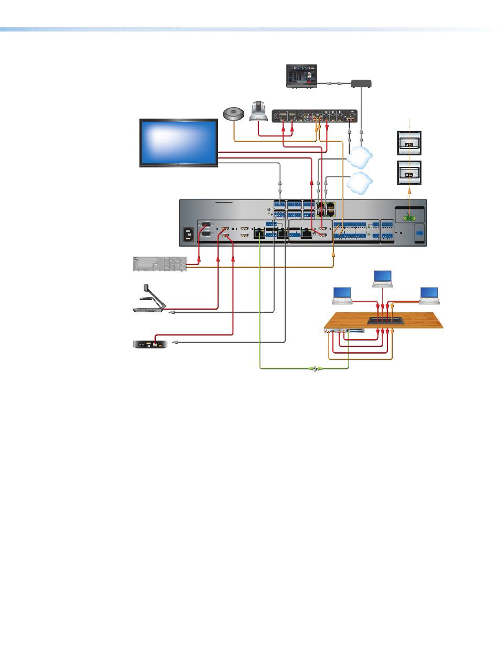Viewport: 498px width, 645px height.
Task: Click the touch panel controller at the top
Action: point(301,76)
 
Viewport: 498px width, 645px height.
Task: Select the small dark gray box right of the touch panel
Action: point(361,83)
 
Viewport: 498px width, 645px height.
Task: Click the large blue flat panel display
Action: point(178,143)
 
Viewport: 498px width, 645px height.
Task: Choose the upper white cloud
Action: point(360,155)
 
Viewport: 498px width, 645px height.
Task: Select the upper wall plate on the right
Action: point(409,144)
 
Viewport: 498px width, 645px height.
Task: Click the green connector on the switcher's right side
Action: point(409,216)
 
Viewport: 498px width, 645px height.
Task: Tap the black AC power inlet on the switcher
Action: point(188,236)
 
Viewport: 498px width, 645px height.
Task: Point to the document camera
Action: point(148,301)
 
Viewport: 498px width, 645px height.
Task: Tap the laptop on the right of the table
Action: point(429,296)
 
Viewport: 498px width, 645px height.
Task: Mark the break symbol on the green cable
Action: point(316,369)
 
